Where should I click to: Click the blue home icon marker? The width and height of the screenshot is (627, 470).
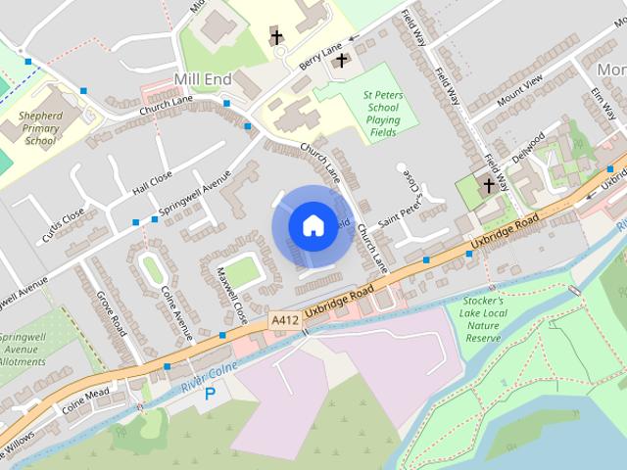point(313,225)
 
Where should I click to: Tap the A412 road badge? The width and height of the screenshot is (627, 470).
point(284,319)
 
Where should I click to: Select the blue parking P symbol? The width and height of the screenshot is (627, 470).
point(210,394)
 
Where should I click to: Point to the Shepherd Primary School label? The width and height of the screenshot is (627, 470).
point(40,127)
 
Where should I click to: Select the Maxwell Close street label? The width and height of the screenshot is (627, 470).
point(232,295)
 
